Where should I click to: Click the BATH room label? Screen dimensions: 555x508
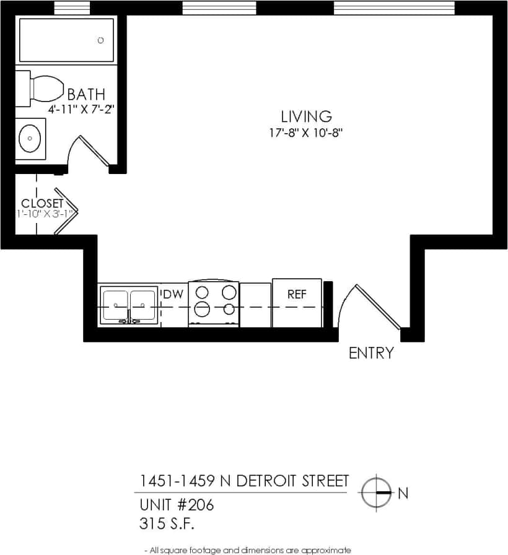coord(86,95)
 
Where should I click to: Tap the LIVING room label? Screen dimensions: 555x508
coord(306,116)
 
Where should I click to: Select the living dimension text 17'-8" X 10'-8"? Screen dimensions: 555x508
coord(306,132)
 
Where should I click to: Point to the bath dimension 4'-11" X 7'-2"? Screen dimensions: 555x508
coord(82,109)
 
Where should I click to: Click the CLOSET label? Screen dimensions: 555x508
coord(42,203)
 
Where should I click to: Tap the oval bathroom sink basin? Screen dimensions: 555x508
coord(29,138)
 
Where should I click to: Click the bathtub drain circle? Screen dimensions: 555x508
coord(101,40)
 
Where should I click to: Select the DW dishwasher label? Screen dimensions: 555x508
coord(173,294)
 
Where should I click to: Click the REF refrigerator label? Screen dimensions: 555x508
coord(297,295)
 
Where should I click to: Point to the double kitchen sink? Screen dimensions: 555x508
coord(128,305)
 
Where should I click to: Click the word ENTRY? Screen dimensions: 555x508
coord(371,353)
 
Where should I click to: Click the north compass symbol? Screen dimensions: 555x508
coord(376,493)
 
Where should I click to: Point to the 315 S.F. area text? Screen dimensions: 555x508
coord(167,524)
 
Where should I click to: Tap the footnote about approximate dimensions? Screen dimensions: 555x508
coord(247,549)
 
